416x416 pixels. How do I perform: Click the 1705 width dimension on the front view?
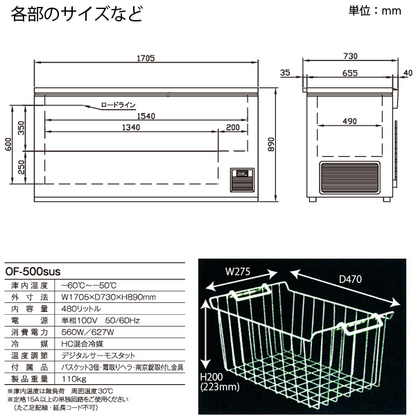point(145,57)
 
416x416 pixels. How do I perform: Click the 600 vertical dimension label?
point(9,145)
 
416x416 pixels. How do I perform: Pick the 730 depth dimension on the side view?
point(349,57)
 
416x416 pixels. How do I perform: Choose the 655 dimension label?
point(349,72)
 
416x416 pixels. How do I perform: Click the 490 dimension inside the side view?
point(349,122)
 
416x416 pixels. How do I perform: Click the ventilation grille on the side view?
point(350,178)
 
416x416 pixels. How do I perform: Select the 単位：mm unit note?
point(373,11)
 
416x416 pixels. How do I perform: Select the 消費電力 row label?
point(25,331)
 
